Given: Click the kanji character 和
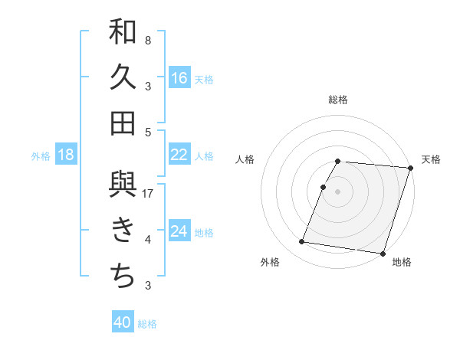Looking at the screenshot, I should coord(123,32).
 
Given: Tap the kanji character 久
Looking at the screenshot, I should coord(123,77).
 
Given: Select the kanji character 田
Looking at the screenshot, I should coord(123,123).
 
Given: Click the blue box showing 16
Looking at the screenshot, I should coord(179,77).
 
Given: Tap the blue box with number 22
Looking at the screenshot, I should coord(179,155).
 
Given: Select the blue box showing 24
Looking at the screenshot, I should coord(179,231).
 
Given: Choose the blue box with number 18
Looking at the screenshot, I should coord(66,155).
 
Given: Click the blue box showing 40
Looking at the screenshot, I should coord(123,322).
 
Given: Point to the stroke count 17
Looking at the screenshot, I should coord(149,193).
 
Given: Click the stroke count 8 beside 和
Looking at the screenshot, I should coord(148,41).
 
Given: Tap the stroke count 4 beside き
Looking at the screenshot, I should coord(148,240).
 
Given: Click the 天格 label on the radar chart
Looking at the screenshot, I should coord(431,159).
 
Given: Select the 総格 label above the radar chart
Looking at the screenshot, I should coord(338,100).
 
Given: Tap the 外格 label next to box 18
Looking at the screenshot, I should coord(41,155).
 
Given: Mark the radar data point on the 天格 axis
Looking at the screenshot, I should coord(410,168).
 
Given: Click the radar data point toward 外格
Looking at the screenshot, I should coord(302,242).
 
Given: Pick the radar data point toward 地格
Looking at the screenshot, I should coord(381,253).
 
